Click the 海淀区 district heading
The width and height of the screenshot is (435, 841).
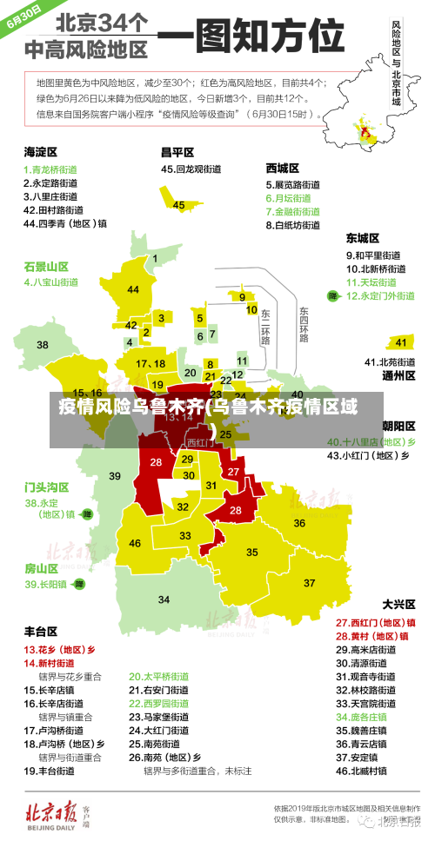[40, 151]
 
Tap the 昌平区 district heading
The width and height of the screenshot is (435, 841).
[177, 151]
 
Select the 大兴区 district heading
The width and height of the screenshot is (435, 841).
[398, 603]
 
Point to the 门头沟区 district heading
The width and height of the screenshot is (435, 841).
[46, 487]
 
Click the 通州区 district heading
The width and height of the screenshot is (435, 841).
[398, 375]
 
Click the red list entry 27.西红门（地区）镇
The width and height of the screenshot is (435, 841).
[375, 622]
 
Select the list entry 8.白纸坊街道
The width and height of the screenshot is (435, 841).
[292, 225]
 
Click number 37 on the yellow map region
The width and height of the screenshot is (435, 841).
[309, 583]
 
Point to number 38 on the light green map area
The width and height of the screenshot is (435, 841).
[42, 345]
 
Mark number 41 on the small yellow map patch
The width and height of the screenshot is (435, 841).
[400, 342]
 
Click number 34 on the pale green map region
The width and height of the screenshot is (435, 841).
[162, 599]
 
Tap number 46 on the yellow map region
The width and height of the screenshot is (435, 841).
[135, 543]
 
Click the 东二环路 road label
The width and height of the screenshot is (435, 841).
[265, 325]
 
